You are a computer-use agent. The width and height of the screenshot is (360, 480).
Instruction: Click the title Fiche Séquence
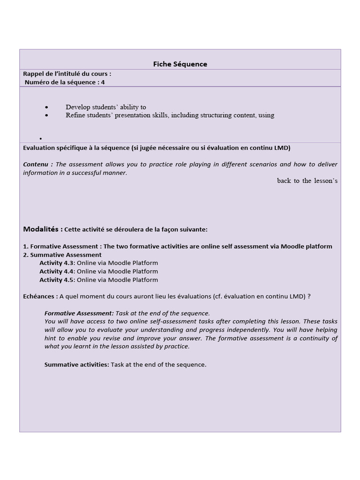(x=180, y=64)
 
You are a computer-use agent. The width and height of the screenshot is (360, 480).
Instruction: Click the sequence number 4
(x=103, y=82)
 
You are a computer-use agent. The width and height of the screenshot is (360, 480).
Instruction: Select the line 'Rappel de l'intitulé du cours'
(x=67, y=74)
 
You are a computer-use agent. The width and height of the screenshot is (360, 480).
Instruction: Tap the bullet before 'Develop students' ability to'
(x=47, y=107)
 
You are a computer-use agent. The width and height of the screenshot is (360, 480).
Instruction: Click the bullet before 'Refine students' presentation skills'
(x=47, y=115)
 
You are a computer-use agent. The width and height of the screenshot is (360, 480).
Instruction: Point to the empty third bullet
(x=41, y=139)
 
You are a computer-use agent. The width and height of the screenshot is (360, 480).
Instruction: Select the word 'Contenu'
(x=37, y=165)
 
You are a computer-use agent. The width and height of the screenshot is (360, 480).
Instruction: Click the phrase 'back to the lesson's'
(x=307, y=181)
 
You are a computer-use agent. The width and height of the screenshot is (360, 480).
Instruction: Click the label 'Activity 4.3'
(x=57, y=263)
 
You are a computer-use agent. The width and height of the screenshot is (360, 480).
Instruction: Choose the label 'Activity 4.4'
(x=57, y=271)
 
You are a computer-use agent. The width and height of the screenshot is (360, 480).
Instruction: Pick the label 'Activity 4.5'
(x=57, y=280)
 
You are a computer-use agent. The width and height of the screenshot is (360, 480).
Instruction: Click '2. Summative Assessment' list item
(x=62, y=255)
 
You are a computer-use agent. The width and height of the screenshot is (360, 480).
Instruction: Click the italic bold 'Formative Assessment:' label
(x=79, y=313)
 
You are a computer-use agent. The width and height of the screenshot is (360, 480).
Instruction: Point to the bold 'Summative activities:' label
(x=76, y=364)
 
